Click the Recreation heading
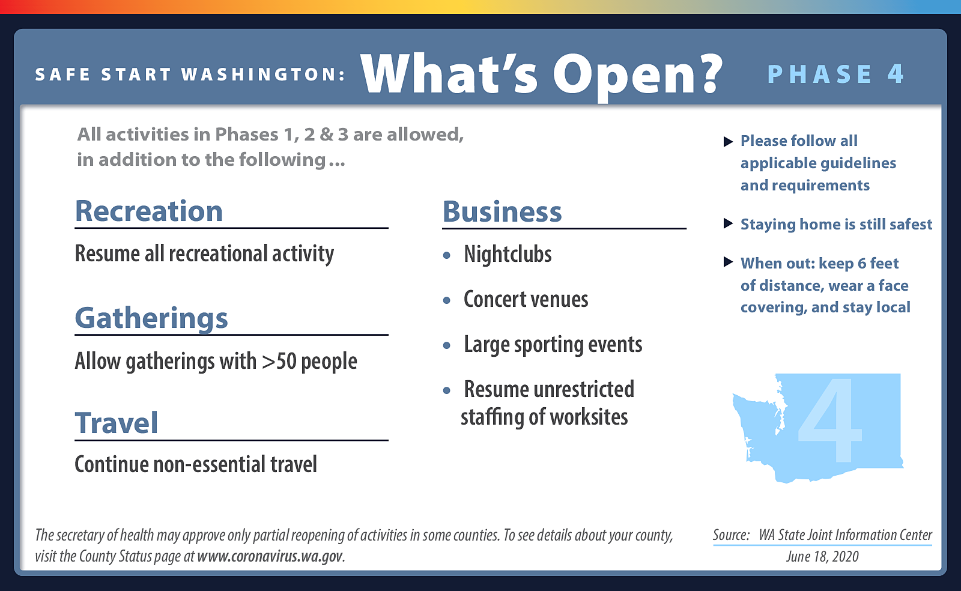(149, 211)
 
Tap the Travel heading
(117, 423)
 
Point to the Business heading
(502, 211)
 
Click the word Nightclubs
(508, 254)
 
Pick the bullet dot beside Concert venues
(447, 300)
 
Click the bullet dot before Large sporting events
(447, 345)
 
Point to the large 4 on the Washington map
(830, 420)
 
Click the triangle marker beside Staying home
(728, 223)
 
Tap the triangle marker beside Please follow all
(728, 142)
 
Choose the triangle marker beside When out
(728, 262)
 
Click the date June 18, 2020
(822, 557)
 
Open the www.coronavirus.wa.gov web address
(270, 556)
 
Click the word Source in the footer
(731, 535)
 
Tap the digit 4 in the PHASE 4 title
(896, 74)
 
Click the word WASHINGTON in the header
(262, 74)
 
